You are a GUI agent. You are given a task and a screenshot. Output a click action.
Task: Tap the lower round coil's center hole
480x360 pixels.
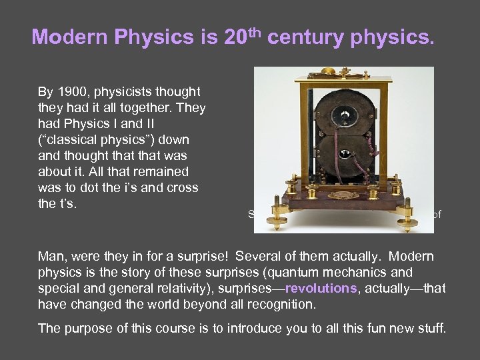[x=345, y=154]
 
